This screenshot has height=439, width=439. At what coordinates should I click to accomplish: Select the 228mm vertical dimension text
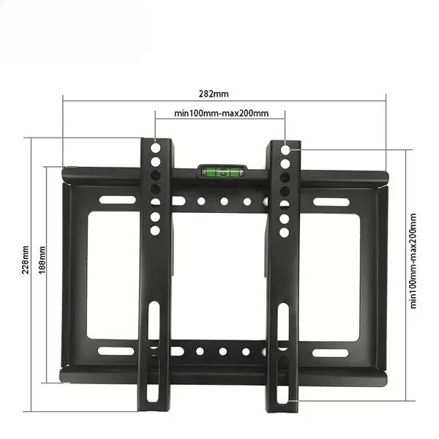click(27, 260)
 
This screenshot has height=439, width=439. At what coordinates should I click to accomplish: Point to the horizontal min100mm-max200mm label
click(221, 113)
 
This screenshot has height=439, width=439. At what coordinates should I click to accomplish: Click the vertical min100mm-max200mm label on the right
click(414, 260)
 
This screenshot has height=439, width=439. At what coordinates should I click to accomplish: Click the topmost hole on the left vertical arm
click(155, 147)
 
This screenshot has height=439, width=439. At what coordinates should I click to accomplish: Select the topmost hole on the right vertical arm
click(285, 149)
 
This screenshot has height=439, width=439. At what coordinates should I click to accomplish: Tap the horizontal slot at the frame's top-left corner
click(117, 200)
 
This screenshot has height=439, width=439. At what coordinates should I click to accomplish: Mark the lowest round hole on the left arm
click(155, 230)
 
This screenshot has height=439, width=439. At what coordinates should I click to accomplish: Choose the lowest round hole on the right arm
click(285, 232)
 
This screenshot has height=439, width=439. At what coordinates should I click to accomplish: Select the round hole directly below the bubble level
click(224, 201)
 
